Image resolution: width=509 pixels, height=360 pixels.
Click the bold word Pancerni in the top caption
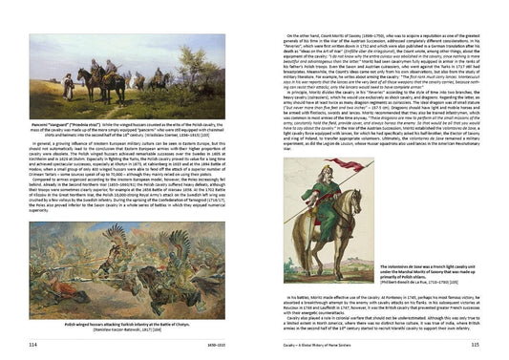click(x=45, y=124)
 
